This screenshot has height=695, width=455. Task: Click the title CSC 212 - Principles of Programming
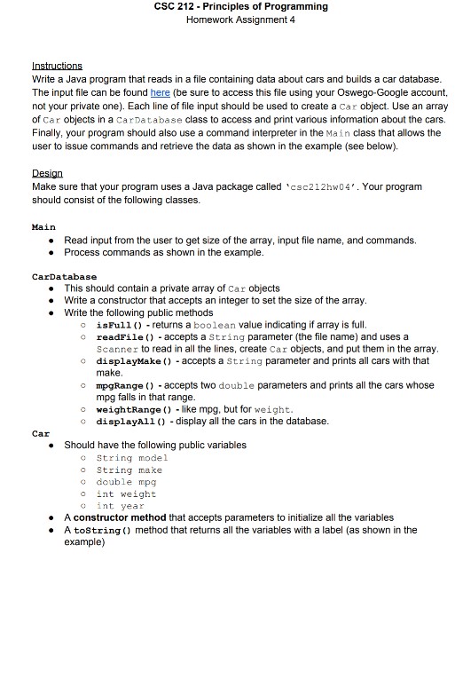[x=228, y=6]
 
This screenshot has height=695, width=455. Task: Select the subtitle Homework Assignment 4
[x=228, y=20]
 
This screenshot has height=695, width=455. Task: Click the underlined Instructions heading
[x=57, y=66]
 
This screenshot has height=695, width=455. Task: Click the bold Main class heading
[x=43, y=227]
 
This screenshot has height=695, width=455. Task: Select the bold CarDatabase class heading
[x=64, y=277]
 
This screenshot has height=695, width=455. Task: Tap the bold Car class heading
[x=40, y=433]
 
